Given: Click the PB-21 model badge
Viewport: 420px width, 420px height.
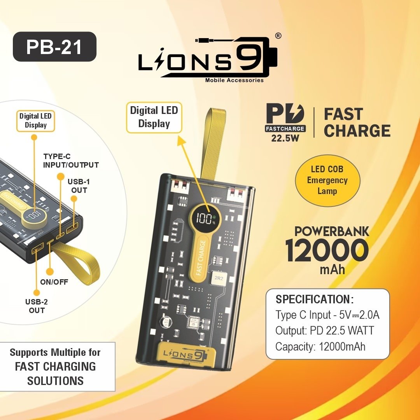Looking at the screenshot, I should pos(54,47).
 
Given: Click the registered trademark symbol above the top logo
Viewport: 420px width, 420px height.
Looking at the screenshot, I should pos(278,36).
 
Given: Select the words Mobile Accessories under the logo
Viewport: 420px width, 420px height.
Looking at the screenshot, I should pos(234,80).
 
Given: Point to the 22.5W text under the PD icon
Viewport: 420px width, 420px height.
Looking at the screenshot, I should pos(285,138).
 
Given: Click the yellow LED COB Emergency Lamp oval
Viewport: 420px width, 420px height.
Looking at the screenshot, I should pos(327,180).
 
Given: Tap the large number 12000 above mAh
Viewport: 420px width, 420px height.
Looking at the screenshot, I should pos(327,251).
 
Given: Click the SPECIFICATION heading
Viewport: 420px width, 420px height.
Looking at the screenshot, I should pos(315,299).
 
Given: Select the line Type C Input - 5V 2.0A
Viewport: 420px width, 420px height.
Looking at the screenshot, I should pos(327,315).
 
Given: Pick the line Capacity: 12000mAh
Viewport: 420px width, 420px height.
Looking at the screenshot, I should pos(320,346).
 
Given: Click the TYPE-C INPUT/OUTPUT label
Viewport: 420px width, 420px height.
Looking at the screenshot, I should pos(71,161).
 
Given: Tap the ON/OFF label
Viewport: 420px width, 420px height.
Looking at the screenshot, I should pos(54,282).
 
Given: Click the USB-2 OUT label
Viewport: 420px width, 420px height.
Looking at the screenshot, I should pos(37,306).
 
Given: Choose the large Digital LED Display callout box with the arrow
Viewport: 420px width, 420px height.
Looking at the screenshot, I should pos(154,117).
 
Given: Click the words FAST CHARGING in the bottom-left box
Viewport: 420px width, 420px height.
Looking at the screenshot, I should pos(55,366).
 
